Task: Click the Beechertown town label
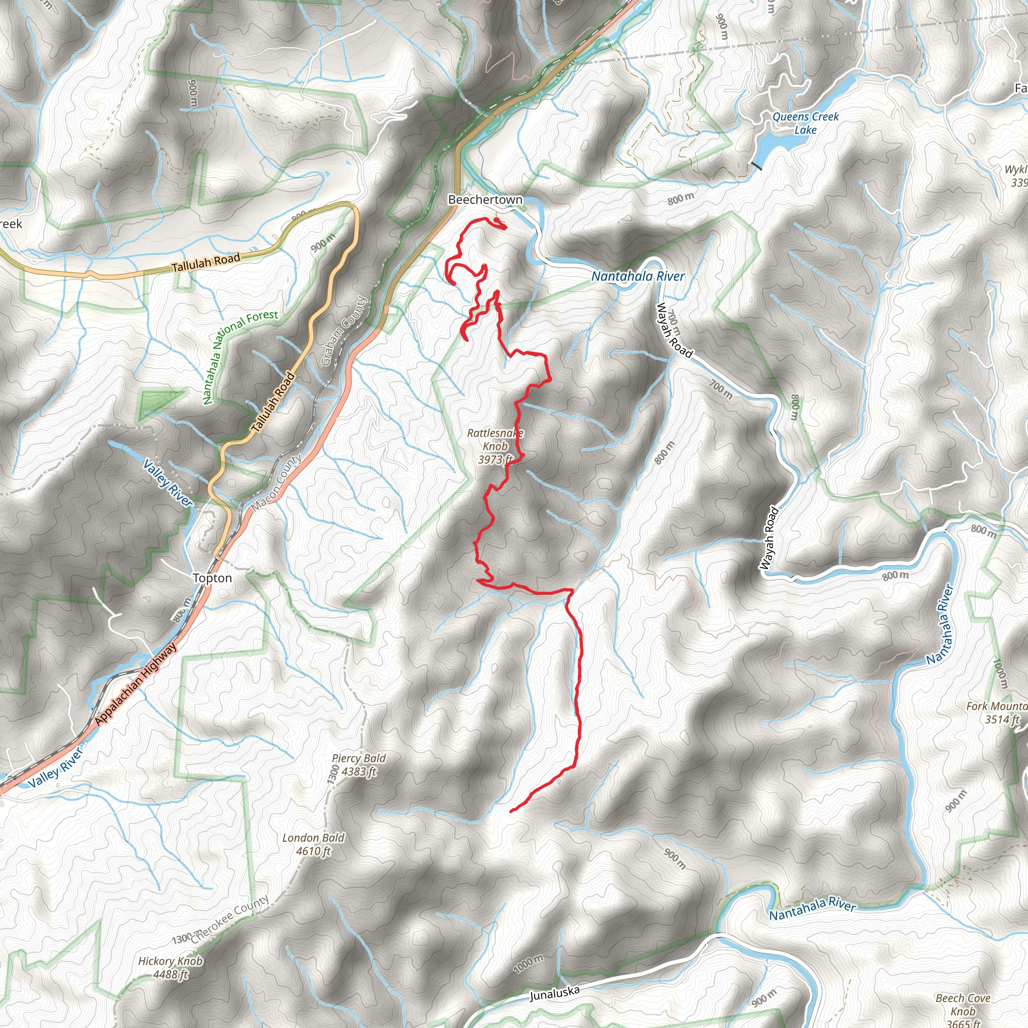click(x=485, y=200)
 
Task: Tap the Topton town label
click(x=212, y=578)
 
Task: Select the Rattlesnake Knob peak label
click(x=495, y=440)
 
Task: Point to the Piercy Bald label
click(x=358, y=758)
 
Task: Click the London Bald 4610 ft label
click(x=313, y=844)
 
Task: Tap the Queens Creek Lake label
click(x=805, y=123)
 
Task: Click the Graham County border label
click(x=344, y=331)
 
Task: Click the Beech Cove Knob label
click(x=963, y=1004)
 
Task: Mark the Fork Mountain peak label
click(x=995, y=707)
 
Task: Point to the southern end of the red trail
click(x=511, y=812)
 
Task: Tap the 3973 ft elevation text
click(x=495, y=459)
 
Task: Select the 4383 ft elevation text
click(x=359, y=772)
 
